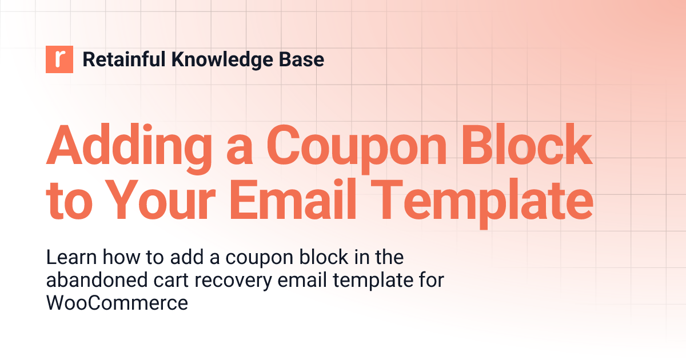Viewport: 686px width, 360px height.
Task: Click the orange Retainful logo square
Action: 59,59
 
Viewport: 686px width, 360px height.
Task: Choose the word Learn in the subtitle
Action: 69,258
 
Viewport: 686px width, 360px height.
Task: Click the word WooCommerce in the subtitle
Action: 117,303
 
